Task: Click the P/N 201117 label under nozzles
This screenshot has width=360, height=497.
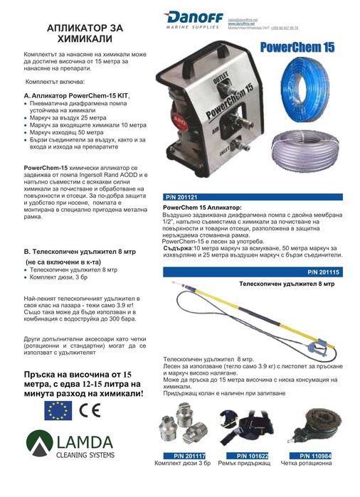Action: (x=184, y=455)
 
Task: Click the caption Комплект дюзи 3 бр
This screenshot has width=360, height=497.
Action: (x=184, y=464)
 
